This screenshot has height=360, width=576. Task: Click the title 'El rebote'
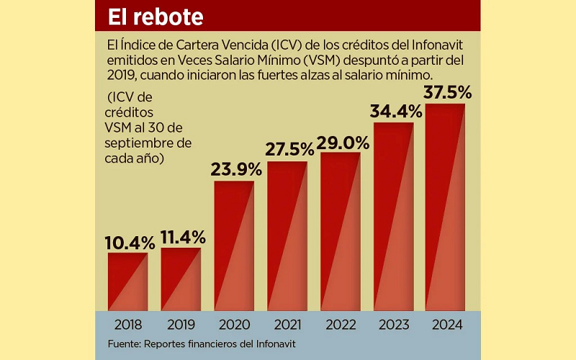[156, 16]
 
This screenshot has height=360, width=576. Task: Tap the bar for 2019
[181, 279]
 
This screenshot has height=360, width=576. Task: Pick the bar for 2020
[234, 246]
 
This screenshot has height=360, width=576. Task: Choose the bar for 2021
[287, 236]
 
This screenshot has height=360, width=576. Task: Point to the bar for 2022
[340, 232]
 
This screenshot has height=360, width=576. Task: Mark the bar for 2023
[393, 217]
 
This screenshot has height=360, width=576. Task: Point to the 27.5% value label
[287, 150]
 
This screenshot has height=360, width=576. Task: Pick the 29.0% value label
[341, 142]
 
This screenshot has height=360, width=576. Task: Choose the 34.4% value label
[395, 112]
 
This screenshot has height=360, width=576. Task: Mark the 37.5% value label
[447, 92]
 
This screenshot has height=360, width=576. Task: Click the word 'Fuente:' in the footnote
[126, 344]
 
